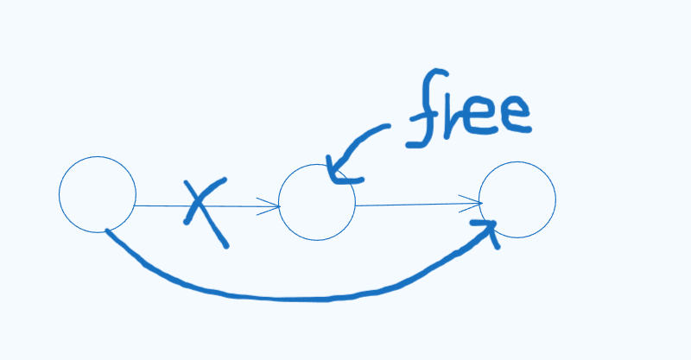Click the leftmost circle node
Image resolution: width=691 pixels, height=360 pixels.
(x=98, y=194)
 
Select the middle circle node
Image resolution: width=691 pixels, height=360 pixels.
(x=317, y=202)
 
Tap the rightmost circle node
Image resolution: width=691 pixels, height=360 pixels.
(x=517, y=199)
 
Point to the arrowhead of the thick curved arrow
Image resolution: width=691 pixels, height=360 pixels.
(x=491, y=228)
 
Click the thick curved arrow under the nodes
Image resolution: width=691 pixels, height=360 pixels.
(x=285, y=297)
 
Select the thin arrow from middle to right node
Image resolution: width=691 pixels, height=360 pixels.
(x=415, y=205)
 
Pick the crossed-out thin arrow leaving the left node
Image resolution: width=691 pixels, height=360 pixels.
(x=164, y=205)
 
